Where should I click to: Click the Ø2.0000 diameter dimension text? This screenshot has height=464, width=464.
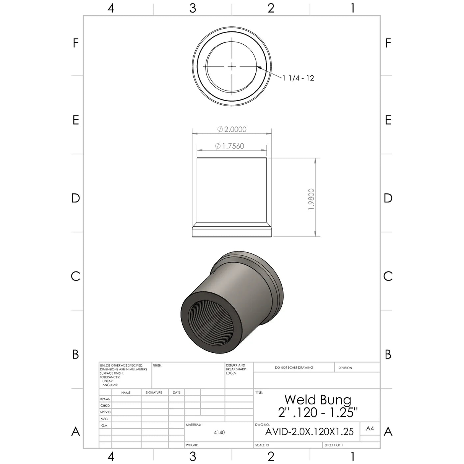tap(232, 129)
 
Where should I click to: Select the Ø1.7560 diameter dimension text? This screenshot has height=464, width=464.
tap(229, 146)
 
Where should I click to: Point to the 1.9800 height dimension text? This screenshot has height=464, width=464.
tap(311, 199)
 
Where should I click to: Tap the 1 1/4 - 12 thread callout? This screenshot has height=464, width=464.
tap(299, 78)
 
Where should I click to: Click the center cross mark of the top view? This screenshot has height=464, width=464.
tap(232, 66)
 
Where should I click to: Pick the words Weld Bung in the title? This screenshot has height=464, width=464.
tap(318, 399)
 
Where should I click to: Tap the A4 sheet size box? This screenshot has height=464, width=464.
tap(370, 428)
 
